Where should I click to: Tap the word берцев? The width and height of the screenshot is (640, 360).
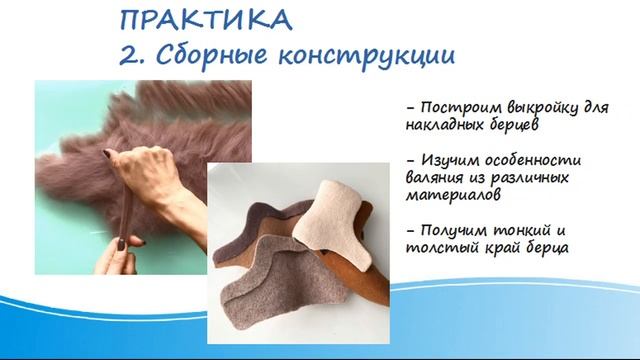(x=515, y=126)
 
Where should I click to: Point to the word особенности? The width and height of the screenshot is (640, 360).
(x=531, y=160)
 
